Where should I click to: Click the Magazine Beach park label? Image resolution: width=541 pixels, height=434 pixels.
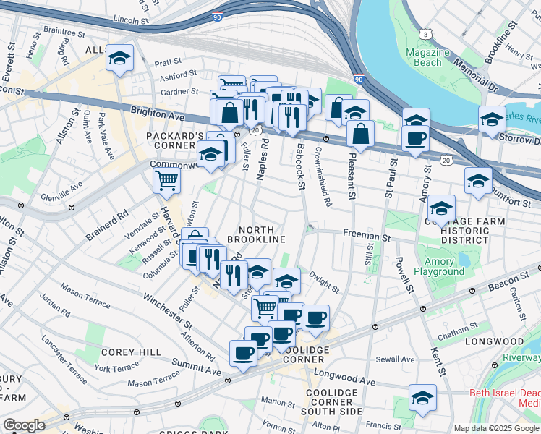pyautogui.click(x=423, y=58)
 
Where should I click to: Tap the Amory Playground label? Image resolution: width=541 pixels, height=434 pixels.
pyautogui.click(x=439, y=266)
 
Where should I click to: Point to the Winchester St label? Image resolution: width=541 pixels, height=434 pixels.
pyautogui.click(x=168, y=307)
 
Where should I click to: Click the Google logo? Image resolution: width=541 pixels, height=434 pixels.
pyautogui.click(x=24, y=425)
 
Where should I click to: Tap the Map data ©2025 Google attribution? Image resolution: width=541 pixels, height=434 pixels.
pyautogui.click(x=497, y=428)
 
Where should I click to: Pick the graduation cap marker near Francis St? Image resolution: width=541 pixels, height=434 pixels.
pyautogui.click(x=422, y=397)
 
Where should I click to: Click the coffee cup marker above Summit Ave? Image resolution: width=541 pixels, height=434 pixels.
pyautogui.click(x=243, y=353)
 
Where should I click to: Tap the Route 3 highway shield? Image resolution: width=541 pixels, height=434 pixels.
pyautogui.click(x=427, y=34)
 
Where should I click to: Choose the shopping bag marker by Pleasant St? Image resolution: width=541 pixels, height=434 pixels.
pyautogui.click(x=359, y=134)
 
